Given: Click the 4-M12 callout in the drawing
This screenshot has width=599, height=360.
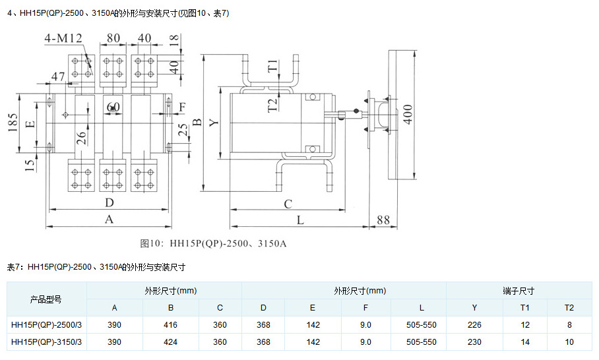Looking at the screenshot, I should coord(64,38).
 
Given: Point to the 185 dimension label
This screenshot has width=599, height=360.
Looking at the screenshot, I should coord(14,122).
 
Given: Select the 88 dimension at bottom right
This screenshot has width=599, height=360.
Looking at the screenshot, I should coord(383,220).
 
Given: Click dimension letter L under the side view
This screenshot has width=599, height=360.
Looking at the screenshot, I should coord(300,220).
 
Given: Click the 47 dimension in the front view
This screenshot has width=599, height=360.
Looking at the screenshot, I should coord(58,78).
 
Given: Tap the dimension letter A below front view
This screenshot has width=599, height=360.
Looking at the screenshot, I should coord(110,220).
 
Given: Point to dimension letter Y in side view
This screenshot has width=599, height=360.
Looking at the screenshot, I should coord(213,122).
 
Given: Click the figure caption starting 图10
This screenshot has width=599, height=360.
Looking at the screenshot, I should coord(213,243).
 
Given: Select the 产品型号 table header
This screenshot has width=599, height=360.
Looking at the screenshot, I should coord(46,299).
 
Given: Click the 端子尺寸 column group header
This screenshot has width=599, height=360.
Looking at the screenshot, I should coord(519,291).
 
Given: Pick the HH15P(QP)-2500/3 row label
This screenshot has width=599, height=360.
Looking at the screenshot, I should coord(46,325).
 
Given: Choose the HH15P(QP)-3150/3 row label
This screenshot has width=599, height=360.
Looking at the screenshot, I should coord(46,342).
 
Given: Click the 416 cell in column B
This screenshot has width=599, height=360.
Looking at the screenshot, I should coord(170,325).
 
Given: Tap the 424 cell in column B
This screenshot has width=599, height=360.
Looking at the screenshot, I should coord(170,342).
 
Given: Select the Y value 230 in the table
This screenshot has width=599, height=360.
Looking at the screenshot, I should coord(474,342).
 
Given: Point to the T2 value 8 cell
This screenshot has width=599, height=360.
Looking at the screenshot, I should coord(569,325).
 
